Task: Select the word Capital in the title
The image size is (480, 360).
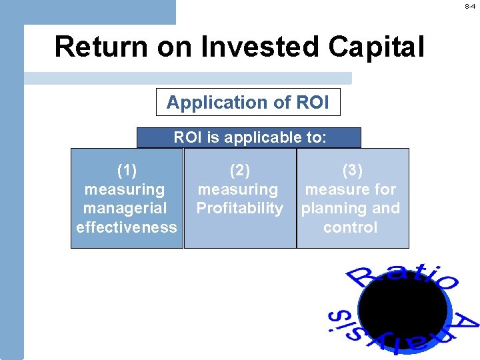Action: coord(377,47)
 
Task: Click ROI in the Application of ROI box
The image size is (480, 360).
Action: coord(311,103)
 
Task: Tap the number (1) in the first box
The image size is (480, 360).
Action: coord(127,171)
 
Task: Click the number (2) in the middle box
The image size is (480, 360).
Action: coord(239,171)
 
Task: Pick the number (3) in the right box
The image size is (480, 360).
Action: coord(351,171)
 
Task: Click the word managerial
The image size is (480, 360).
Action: coord(125,208)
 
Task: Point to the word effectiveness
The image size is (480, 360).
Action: coord(127,227)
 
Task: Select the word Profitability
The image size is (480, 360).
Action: coord(239,208)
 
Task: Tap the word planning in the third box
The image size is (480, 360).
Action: coord(332,208)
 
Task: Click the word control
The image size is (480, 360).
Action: coord(351,227)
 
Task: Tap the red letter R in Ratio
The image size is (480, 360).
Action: coord(360,277)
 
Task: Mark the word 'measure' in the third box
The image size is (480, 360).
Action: coord(337,190)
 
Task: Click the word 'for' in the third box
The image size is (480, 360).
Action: coord(385,190)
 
